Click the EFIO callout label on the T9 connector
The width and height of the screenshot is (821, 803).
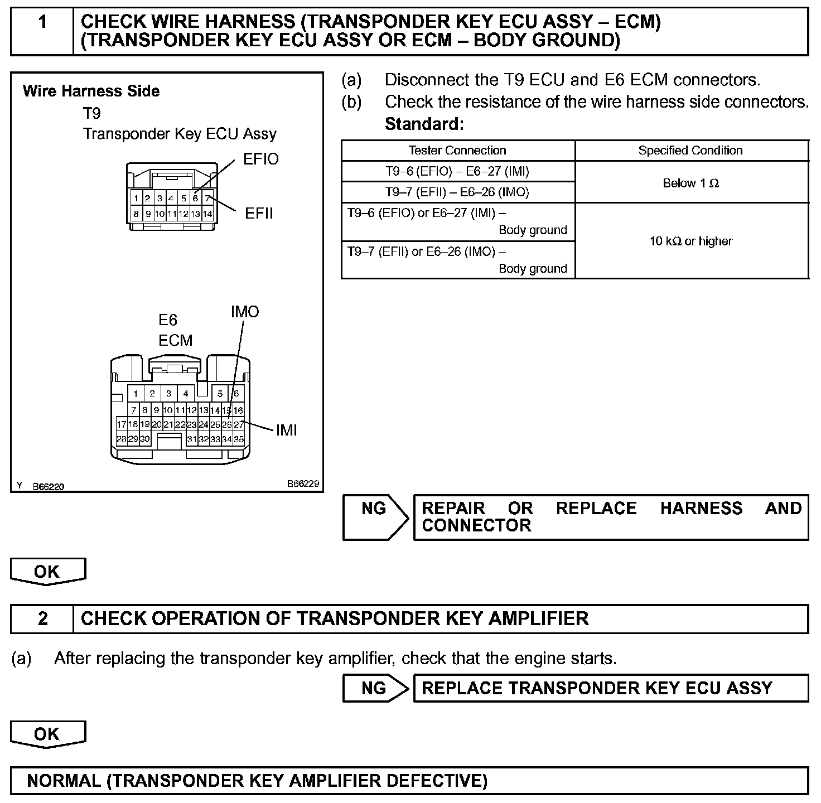(x=260, y=159)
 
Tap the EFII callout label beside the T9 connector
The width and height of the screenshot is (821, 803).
(x=259, y=214)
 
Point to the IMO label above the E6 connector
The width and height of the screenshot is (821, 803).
(x=245, y=312)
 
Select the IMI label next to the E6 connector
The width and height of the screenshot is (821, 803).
(x=286, y=430)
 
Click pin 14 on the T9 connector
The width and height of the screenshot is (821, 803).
(x=207, y=214)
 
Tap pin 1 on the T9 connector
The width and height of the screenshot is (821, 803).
(x=136, y=198)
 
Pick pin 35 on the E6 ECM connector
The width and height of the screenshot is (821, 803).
(x=239, y=439)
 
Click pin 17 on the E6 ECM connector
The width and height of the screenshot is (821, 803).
(x=122, y=424)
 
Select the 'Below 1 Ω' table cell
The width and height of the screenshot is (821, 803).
(x=691, y=183)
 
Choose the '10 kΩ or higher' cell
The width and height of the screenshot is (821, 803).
(x=691, y=241)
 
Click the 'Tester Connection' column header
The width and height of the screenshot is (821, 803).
(x=457, y=151)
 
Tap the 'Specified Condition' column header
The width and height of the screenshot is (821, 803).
(x=690, y=151)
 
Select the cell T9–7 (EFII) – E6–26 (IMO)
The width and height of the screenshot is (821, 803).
(x=457, y=192)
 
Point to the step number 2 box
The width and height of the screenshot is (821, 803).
(x=42, y=619)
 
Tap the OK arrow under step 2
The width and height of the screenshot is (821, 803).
(x=47, y=734)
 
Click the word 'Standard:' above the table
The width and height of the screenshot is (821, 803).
(x=424, y=124)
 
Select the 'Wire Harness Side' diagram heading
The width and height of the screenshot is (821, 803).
(x=91, y=91)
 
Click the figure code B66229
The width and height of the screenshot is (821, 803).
(x=303, y=484)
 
